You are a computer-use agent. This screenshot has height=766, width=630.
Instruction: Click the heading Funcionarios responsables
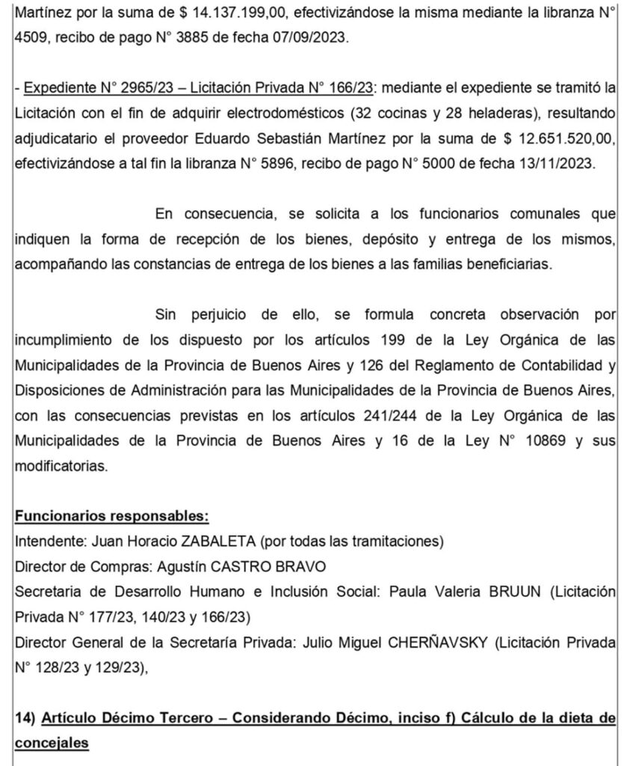[111, 517]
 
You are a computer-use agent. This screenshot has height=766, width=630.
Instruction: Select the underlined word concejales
[52, 743]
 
